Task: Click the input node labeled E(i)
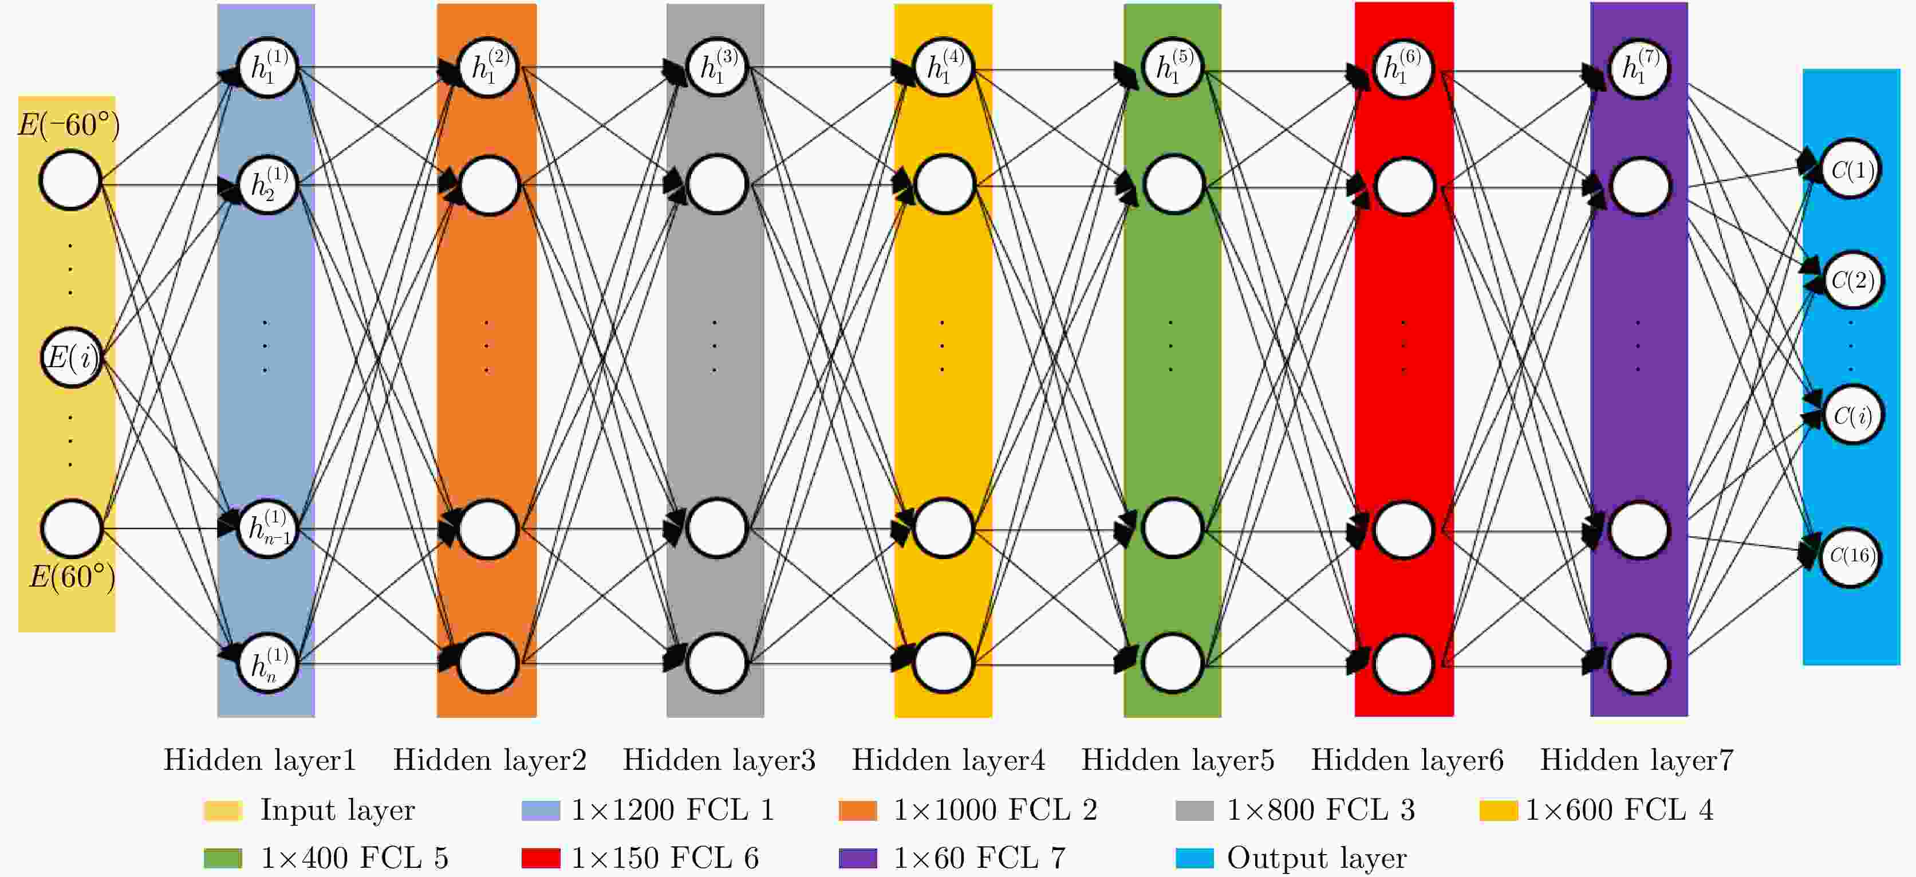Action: [x=70, y=358]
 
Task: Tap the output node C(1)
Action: [x=1851, y=170]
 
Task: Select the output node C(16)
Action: [x=1850, y=556]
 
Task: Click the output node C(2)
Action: [x=1852, y=281]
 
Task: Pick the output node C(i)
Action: [x=1851, y=415]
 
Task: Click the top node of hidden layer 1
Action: [x=267, y=68]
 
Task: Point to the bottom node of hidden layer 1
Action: [x=267, y=663]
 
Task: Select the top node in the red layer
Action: [x=1403, y=68]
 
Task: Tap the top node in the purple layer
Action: [x=1639, y=68]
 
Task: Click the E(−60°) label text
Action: [x=69, y=124]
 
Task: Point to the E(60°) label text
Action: [x=72, y=576]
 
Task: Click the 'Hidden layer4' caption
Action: [x=948, y=760]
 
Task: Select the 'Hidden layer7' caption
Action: [x=1637, y=760]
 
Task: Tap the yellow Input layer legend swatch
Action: [x=222, y=810]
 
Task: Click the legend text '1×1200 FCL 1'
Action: [x=672, y=809]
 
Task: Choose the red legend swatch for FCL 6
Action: [x=541, y=858]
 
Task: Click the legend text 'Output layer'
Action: [x=1316, y=858]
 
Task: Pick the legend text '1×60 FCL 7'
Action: [x=979, y=858]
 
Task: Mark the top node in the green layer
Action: [x=1172, y=68]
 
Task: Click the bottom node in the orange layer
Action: [x=488, y=663]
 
